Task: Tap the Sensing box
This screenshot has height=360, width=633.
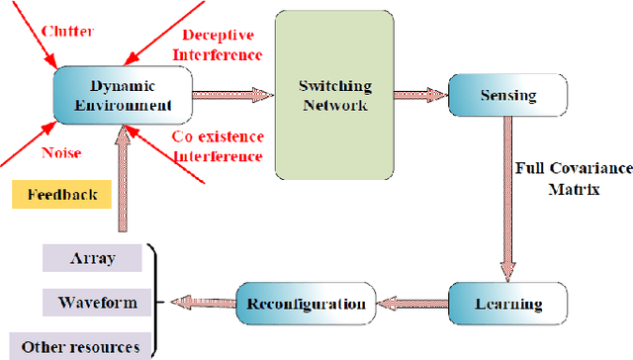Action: [508, 96]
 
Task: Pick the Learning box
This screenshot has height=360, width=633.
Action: [508, 303]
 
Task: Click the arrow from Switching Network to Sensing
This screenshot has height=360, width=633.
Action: [423, 95]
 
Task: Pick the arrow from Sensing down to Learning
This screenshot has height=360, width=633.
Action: [508, 198]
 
